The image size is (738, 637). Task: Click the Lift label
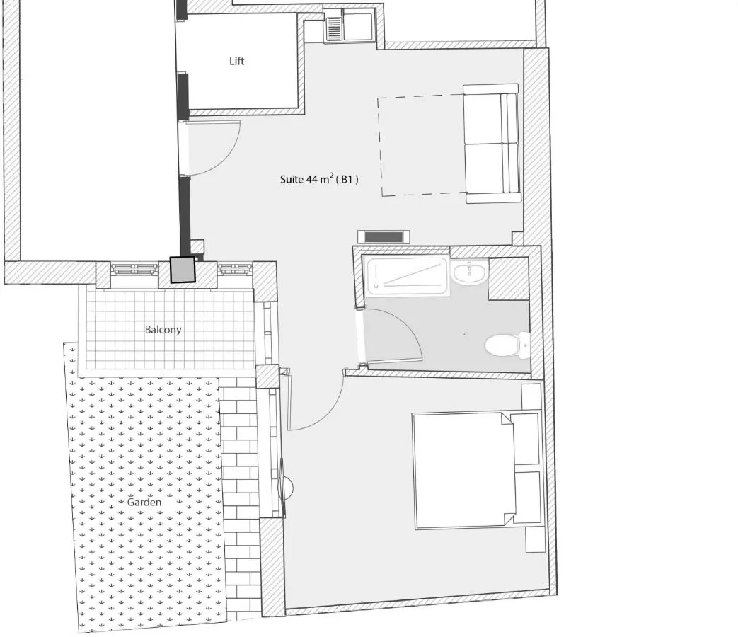[237, 61]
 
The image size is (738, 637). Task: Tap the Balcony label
[163, 330]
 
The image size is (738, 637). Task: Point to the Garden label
[144, 503]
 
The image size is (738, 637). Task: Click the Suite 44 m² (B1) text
[319, 179]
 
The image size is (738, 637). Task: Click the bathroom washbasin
[470, 272]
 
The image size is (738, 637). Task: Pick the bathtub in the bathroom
[407, 276]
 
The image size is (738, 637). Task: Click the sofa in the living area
[492, 144]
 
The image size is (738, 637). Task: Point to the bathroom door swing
[391, 336]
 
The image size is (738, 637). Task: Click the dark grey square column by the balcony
[182, 270]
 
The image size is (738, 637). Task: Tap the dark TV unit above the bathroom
[384, 237]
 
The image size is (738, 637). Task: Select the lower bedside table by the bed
[535, 539]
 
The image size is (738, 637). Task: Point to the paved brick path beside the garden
[240, 499]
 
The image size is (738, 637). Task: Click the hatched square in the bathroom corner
[509, 279]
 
